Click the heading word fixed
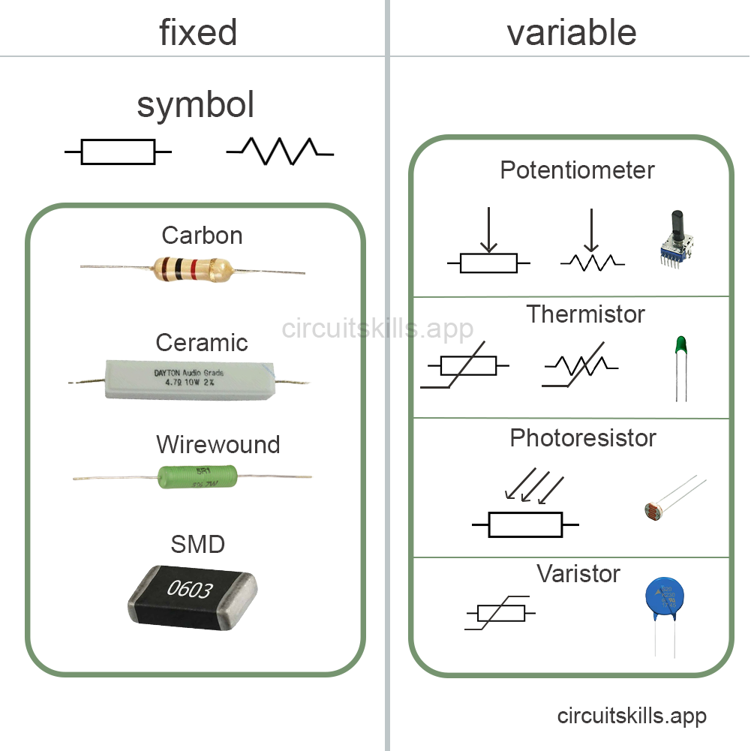click(198, 32)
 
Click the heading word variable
click(571, 32)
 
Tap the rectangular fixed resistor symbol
click(118, 152)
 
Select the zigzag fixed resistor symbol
click(280, 150)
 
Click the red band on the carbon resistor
click(194, 267)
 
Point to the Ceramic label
click(201, 343)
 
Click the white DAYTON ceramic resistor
click(190, 379)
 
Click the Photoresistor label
click(582, 438)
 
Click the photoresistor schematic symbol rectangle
click(525, 524)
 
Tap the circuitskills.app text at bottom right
click(631, 716)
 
